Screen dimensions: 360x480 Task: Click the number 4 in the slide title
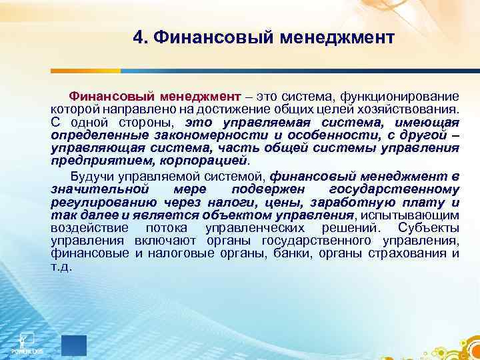click(138, 36)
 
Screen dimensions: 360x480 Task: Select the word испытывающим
click(417, 215)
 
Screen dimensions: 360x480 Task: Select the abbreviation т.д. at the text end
click(61, 266)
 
